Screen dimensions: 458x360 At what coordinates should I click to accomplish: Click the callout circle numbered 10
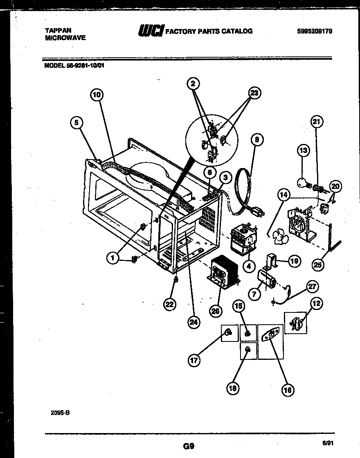click(x=96, y=95)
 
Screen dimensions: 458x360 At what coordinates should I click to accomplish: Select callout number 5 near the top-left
click(x=76, y=121)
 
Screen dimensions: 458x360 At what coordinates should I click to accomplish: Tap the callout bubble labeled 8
click(x=256, y=139)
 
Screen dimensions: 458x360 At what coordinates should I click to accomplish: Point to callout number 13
click(x=303, y=151)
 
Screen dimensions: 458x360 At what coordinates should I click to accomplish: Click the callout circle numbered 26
click(x=215, y=311)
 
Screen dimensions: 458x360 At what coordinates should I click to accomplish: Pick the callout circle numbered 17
click(x=194, y=360)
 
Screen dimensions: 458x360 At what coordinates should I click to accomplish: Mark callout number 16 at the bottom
click(x=288, y=390)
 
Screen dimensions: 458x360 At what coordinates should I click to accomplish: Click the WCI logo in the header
click(x=151, y=30)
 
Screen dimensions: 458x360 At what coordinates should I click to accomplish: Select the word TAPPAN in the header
click(x=58, y=30)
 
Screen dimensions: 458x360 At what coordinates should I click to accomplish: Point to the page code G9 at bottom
click(x=189, y=447)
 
